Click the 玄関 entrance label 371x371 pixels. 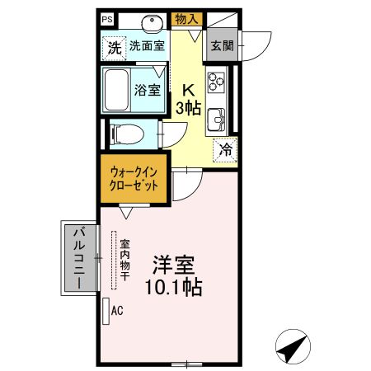coord(221,46)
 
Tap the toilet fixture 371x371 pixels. coord(125,133)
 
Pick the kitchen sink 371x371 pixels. coord(217,119)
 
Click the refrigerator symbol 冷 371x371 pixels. coord(224,149)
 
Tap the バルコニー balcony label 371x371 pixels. coord(79,259)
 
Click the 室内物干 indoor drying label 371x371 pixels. coord(124,260)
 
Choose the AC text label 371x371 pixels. coord(117,311)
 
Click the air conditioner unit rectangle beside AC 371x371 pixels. coord(105,311)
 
